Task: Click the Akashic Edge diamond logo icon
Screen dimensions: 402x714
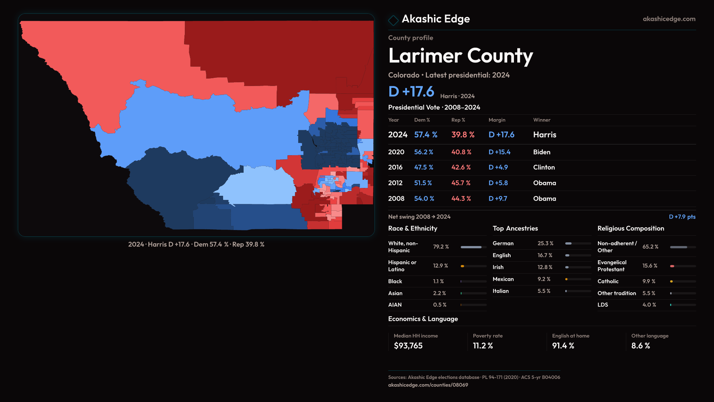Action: (393, 20)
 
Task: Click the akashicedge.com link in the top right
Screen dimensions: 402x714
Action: (669, 19)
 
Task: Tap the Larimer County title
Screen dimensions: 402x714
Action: (460, 56)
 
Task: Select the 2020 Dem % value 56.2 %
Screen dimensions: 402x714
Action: (424, 152)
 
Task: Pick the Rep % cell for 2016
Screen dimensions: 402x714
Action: (461, 167)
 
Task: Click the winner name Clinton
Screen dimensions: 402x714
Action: (544, 167)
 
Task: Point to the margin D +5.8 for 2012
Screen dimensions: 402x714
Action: (498, 183)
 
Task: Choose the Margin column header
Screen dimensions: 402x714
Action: (497, 120)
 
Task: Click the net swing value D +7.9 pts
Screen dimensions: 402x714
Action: (682, 217)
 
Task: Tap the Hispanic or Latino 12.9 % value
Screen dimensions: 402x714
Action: (440, 266)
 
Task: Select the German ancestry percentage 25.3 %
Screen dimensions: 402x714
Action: (545, 243)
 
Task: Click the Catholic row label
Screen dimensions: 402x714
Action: (608, 281)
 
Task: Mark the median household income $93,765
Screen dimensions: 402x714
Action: (408, 346)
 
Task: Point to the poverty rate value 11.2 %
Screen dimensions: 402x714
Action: (483, 346)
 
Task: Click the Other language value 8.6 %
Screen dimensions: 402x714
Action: (640, 346)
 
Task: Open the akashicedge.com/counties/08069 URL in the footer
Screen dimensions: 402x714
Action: (428, 385)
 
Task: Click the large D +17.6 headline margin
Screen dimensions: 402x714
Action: (411, 92)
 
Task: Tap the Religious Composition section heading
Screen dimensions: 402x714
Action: (630, 229)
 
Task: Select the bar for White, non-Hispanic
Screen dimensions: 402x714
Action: (473, 247)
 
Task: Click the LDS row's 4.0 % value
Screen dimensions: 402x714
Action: (649, 305)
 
